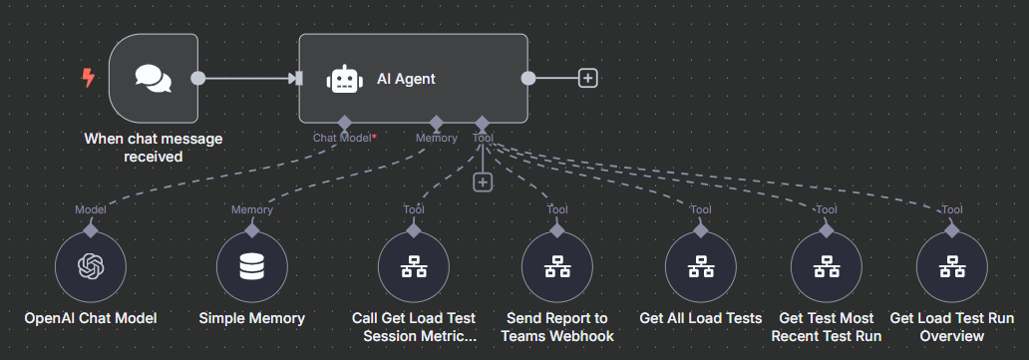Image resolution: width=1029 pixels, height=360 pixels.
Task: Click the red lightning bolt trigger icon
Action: click(x=88, y=78)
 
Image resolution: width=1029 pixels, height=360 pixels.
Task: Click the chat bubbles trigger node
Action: click(x=153, y=79)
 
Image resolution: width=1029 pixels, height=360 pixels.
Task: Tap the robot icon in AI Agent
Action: click(x=344, y=79)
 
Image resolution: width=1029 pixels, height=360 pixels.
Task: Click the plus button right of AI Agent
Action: click(x=588, y=79)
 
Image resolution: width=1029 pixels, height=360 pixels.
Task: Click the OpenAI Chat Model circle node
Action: click(x=91, y=266)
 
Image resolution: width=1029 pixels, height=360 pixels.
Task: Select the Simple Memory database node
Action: click(x=251, y=266)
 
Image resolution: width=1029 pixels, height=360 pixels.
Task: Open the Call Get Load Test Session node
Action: click(x=414, y=266)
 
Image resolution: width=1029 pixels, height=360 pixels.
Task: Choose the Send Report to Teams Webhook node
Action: click(x=557, y=266)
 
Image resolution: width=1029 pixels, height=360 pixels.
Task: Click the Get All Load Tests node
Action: click(x=701, y=266)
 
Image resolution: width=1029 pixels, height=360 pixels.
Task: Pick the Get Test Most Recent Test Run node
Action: click(x=827, y=266)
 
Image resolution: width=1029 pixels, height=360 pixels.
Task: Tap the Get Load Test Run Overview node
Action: click(x=952, y=266)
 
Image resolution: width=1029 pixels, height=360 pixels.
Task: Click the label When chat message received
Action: click(x=153, y=147)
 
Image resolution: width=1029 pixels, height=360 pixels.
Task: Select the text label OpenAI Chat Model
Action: click(x=91, y=318)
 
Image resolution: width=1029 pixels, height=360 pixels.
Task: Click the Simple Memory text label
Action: click(x=251, y=318)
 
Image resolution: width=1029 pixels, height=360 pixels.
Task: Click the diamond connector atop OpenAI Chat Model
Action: click(x=91, y=229)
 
